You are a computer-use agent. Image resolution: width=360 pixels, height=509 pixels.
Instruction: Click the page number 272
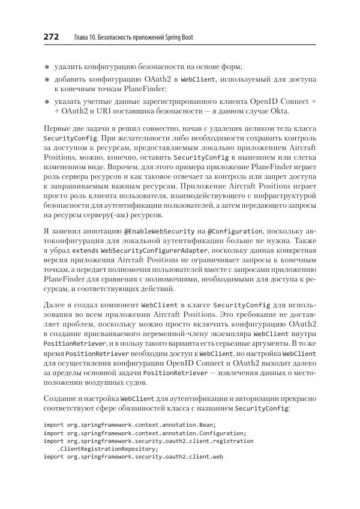coord(51,37)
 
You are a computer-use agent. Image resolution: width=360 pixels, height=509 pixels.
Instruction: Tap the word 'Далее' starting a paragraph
coord(55,306)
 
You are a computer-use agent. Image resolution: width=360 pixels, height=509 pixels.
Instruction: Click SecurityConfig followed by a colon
coord(262,408)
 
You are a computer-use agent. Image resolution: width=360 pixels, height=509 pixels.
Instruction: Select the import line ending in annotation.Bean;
coord(130,424)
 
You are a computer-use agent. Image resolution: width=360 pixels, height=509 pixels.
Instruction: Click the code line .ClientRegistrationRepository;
coord(107,448)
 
